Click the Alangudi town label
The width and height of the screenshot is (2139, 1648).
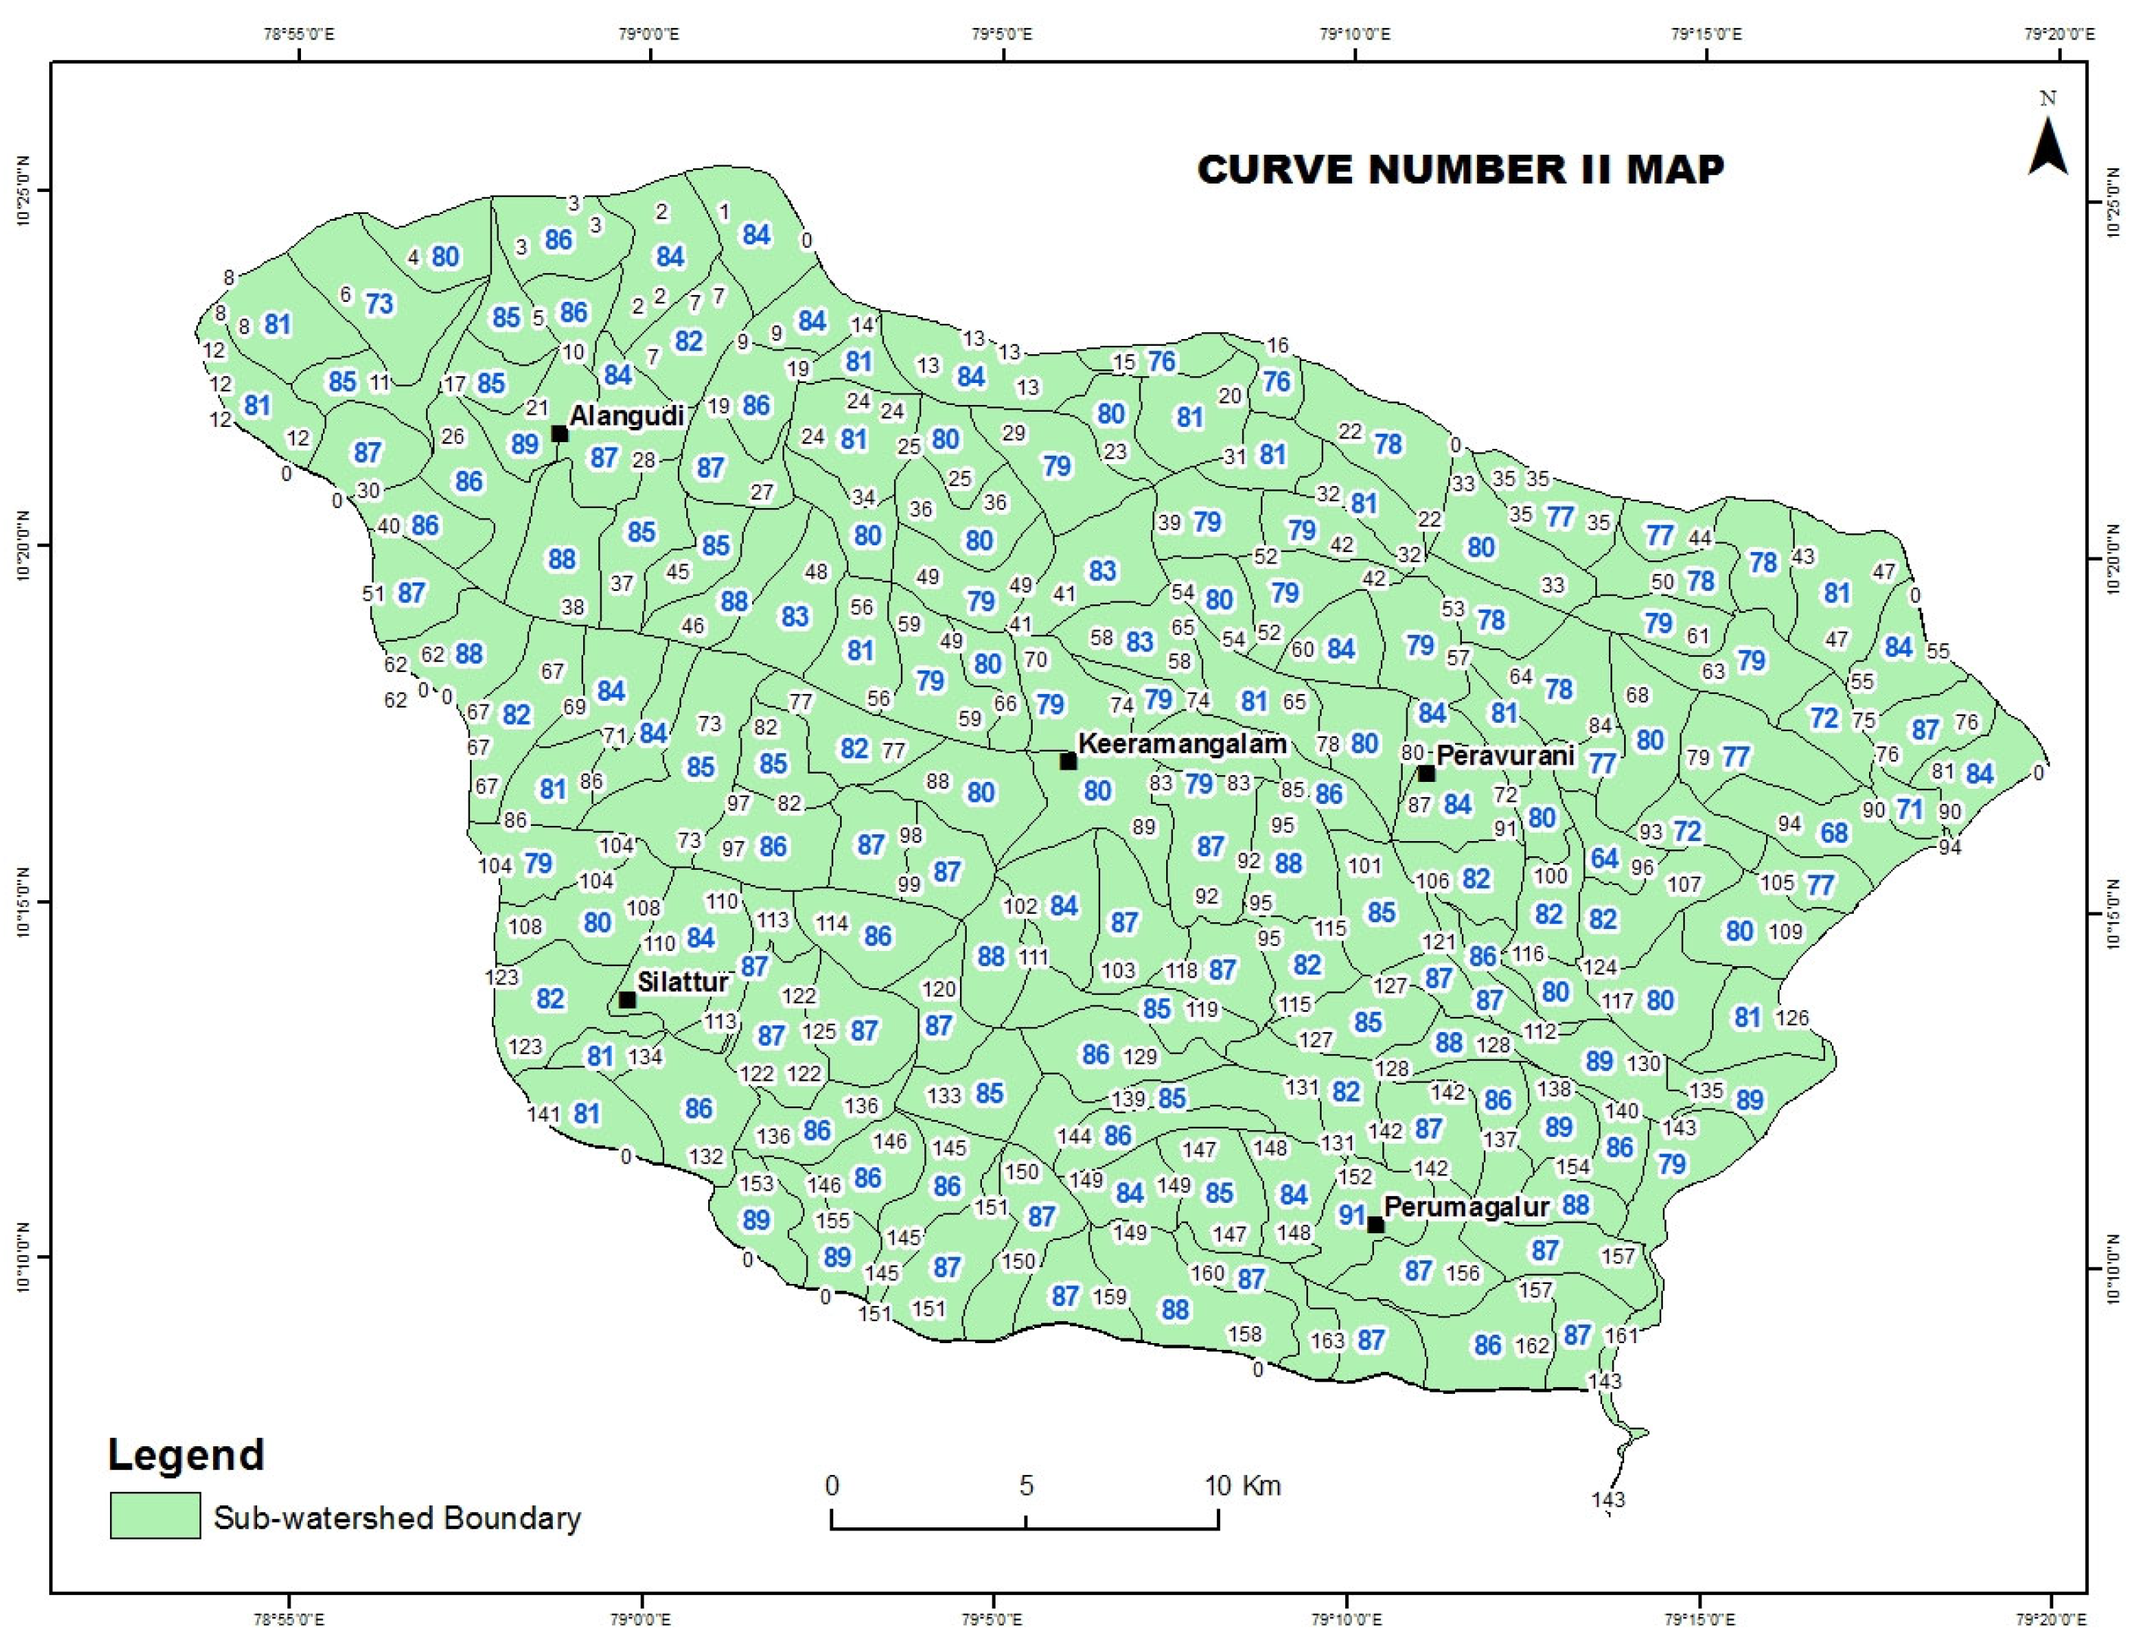627,416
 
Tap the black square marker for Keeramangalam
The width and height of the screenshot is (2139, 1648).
1068,761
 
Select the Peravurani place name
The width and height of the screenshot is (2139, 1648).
1505,755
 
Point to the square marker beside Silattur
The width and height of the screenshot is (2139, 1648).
628,1000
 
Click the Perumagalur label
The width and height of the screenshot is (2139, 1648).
1466,1207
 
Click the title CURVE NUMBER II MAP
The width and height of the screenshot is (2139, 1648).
1460,170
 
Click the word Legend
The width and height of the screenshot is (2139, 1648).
186,1454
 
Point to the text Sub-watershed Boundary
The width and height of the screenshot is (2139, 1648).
397,1518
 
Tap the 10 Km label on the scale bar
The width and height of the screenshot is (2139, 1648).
1242,1486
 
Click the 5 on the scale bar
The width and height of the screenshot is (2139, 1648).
1025,1486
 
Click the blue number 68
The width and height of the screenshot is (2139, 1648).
1834,833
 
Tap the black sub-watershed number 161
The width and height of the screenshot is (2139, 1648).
1622,1335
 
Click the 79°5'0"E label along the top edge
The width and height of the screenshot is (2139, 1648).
1001,34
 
